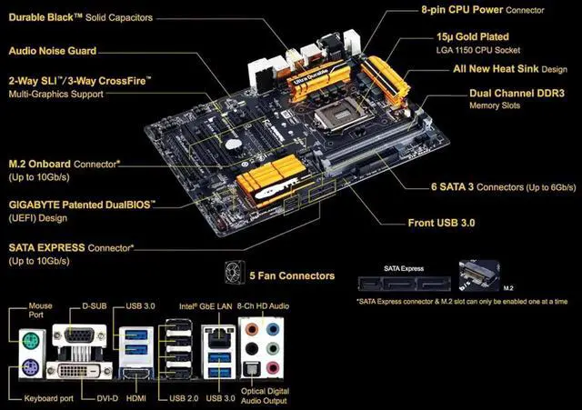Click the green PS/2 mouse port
pos(30,340)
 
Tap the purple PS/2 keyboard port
pos(30,369)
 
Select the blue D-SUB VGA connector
pos(79,335)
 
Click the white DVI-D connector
pos(79,370)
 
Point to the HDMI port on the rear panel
pos(135,374)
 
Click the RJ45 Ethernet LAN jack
pos(219,336)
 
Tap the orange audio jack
pos(252,329)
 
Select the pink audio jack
pos(273,368)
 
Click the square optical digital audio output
pos(252,369)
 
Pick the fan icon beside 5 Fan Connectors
pos(235,273)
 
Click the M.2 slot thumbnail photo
pos(479,275)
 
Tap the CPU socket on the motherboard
pos(339,116)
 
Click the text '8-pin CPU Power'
pos(462,10)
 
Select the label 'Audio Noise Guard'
pos(53,51)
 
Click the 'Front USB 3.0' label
pos(441,223)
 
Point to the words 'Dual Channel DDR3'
pos(517,93)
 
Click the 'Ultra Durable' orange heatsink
pos(317,83)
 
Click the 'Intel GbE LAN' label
pos(206,306)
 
